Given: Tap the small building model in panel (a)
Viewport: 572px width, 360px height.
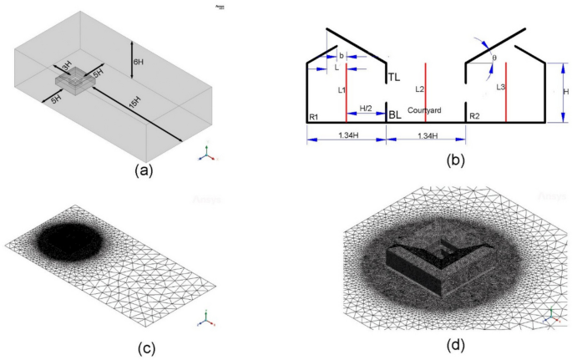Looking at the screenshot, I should point(76,82).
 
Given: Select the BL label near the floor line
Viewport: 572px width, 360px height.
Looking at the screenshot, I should point(396,116).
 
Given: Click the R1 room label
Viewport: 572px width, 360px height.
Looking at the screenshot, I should point(314,117).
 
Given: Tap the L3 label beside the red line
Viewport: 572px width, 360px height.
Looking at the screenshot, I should point(500,86).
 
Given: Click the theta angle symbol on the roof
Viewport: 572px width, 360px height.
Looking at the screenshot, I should point(499,60).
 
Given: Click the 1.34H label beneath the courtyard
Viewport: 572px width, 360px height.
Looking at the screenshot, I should point(427,135).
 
